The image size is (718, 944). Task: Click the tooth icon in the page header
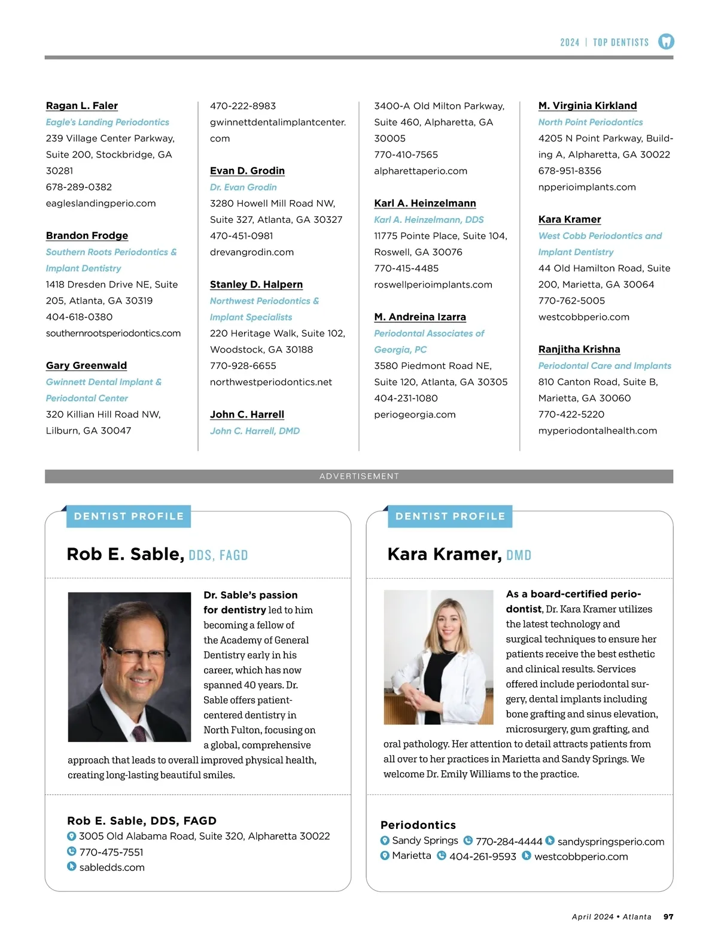coord(666,41)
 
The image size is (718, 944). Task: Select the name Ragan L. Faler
coord(82,106)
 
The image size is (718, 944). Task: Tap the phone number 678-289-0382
coord(79,187)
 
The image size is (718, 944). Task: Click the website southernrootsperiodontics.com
coord(113,333)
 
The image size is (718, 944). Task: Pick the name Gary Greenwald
coord(86,365)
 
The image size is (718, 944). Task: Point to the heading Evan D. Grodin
coord(247,171)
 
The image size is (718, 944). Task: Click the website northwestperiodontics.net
coord(271,382)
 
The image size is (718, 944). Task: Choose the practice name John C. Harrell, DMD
coord(255,431)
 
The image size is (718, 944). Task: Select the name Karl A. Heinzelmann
coord(425,203)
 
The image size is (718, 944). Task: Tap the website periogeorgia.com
coord(415,414)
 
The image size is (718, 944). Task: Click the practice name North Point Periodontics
coord(591,122)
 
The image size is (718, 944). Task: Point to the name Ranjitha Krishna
coord(579,349)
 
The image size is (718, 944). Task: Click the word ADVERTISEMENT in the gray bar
coord(359,476)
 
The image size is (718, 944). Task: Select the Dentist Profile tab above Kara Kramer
coord(450,516)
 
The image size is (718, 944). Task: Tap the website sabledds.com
coord(112,867)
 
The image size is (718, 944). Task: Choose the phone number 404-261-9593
coord(482,857)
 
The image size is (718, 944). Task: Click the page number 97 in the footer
coord(668,916)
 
